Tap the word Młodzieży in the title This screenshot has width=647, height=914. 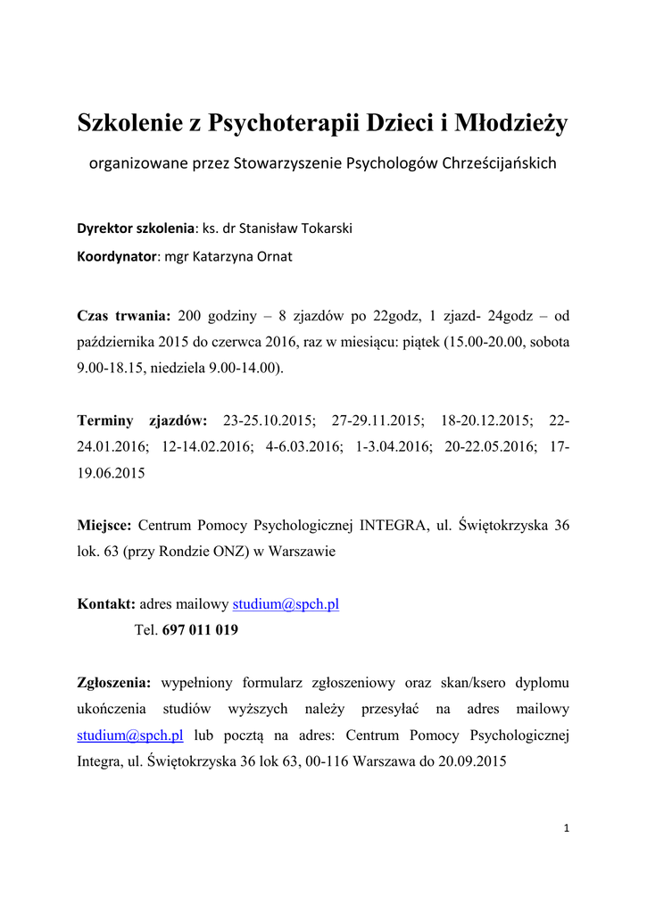pyautogui.click(x=511, y=122)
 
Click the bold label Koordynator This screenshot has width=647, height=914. pyautogui.click(x=117, y=256)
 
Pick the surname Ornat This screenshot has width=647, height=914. pyautogui.click(x=274, y=256)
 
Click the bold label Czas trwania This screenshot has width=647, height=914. pyautogui.click(x=124, y=315)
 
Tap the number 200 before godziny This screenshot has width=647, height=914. pyautogui.click(x=191, y=315)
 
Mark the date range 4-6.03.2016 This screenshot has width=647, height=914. pyautogui.click(x=303, y=446)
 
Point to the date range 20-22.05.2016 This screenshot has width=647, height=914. pyautogui.click(x=491, y=446)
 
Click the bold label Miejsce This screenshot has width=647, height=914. pyautogui.click(x=104, y=525)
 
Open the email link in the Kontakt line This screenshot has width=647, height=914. pyautogui.click(x=286, y=603)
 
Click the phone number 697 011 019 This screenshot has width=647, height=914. pyautogui.click(x=200, y=629)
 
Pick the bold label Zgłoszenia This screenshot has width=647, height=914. pyautogui.click(x=114, y=683)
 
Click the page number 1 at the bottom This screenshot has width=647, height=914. pyautogui.click(x=567, y=828)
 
